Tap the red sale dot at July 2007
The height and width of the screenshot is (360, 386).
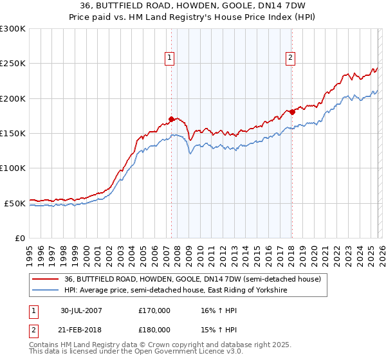tap(171, 119)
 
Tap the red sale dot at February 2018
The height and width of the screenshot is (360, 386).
tap(291, 112)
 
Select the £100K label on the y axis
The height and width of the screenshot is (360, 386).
tap(13, 168)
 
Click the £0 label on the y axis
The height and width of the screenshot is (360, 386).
tap(20, 238)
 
